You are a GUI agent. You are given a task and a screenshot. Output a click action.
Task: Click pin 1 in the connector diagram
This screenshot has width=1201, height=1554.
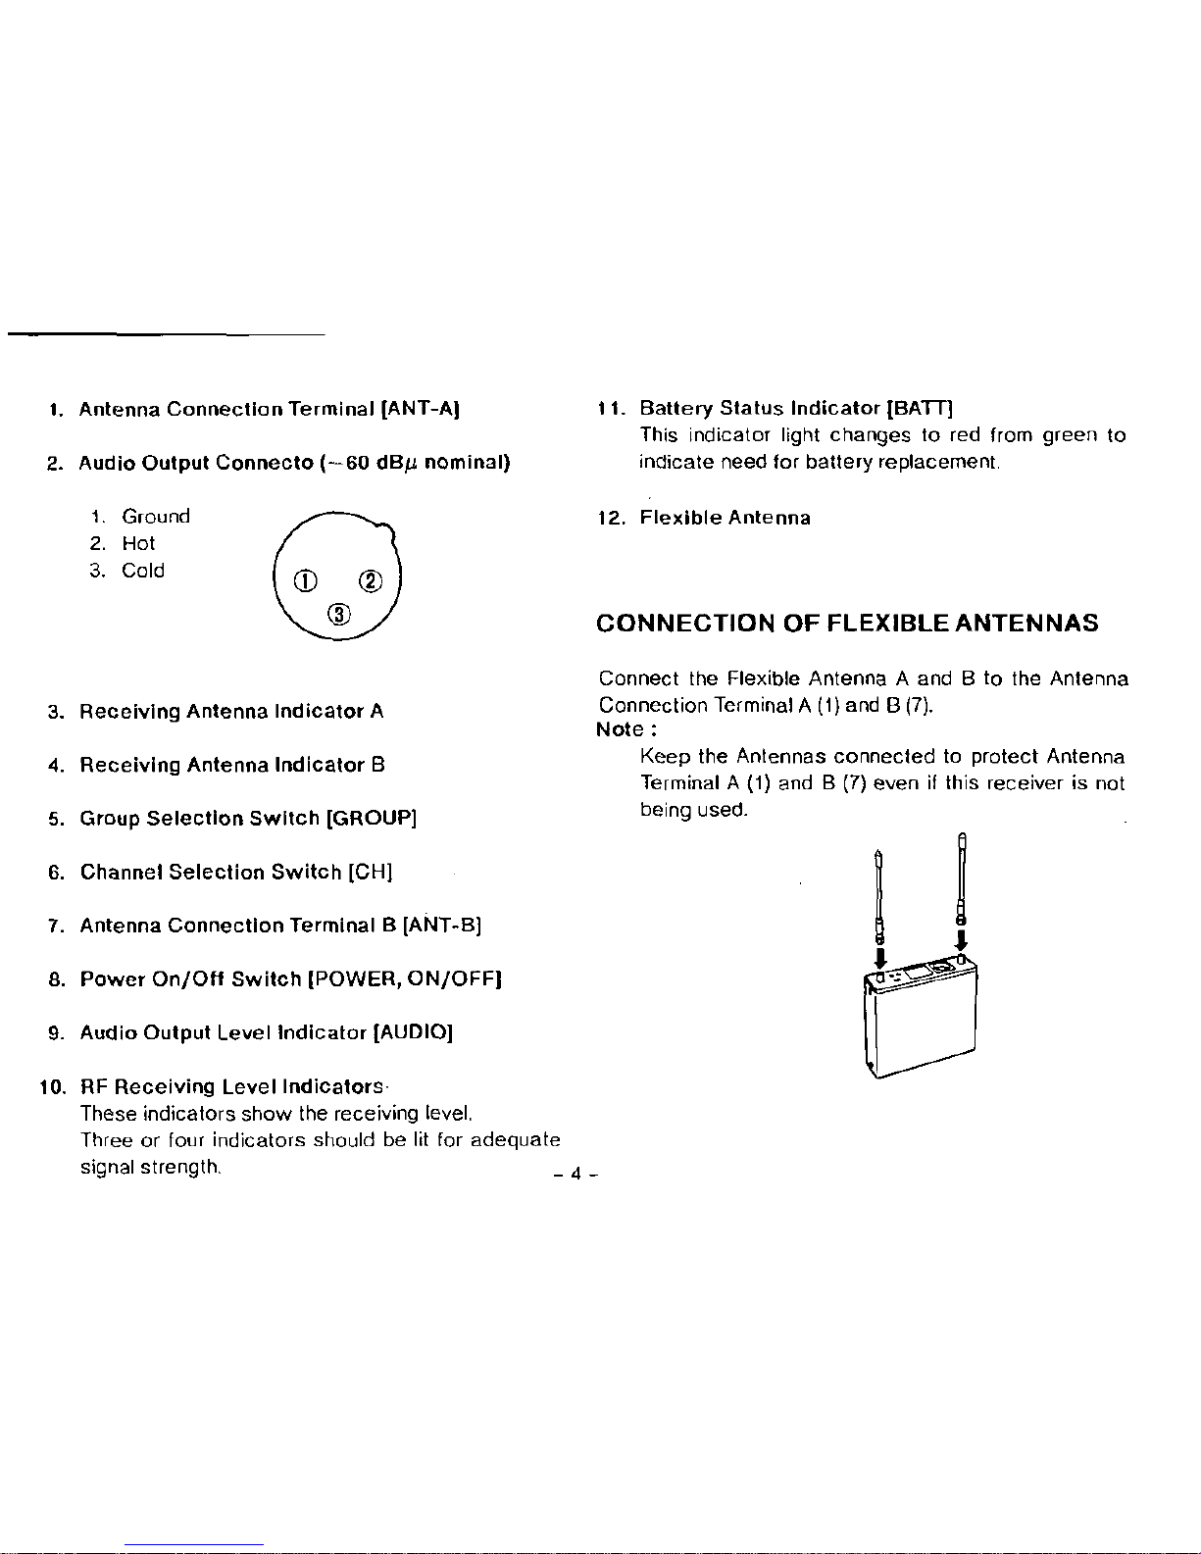(x=305, y=581)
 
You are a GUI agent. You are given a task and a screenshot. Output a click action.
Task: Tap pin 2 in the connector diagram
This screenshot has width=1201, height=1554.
(x=371, y=580)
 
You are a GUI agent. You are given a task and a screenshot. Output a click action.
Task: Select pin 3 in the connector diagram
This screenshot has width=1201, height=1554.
(x=339, y=615)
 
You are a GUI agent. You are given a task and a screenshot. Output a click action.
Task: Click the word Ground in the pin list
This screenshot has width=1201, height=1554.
(x=156, y=517)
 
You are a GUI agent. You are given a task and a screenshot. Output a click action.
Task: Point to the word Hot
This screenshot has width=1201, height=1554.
(x=138, y=543)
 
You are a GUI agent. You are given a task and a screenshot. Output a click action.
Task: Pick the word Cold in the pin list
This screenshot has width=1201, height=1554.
(x=143, y=571)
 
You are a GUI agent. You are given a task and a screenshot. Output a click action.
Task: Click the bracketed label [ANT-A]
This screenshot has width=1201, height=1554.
(x=421, y=409)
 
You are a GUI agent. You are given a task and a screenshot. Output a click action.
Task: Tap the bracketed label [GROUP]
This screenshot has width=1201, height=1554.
(x=371, y=818)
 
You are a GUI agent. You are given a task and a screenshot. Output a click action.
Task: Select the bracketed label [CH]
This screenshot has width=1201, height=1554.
(x=371, y=872)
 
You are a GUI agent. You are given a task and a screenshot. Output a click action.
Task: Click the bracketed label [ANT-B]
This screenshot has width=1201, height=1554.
(x=442, y=926)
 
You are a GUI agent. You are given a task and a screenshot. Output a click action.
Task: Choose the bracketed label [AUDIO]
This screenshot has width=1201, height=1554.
(x=413, y=1032)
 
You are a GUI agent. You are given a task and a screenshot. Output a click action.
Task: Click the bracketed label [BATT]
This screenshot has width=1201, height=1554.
(x=920, y=408)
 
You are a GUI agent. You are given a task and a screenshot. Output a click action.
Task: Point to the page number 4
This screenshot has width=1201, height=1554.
(x=576, y=1174)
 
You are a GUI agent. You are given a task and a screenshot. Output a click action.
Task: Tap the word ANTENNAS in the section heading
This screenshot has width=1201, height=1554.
(x=1026, y=623)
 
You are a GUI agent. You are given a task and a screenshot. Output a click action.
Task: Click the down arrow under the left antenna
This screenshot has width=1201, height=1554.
(x=880, y=958)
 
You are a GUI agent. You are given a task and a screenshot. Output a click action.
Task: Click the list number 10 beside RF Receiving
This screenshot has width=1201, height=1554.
(x=52, y=1087)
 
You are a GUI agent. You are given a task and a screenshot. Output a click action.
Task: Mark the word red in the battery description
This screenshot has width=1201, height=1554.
(x=965, y=435)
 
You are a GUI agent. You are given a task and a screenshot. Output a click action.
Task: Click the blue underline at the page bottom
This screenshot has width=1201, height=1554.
(x=194, y=1546)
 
